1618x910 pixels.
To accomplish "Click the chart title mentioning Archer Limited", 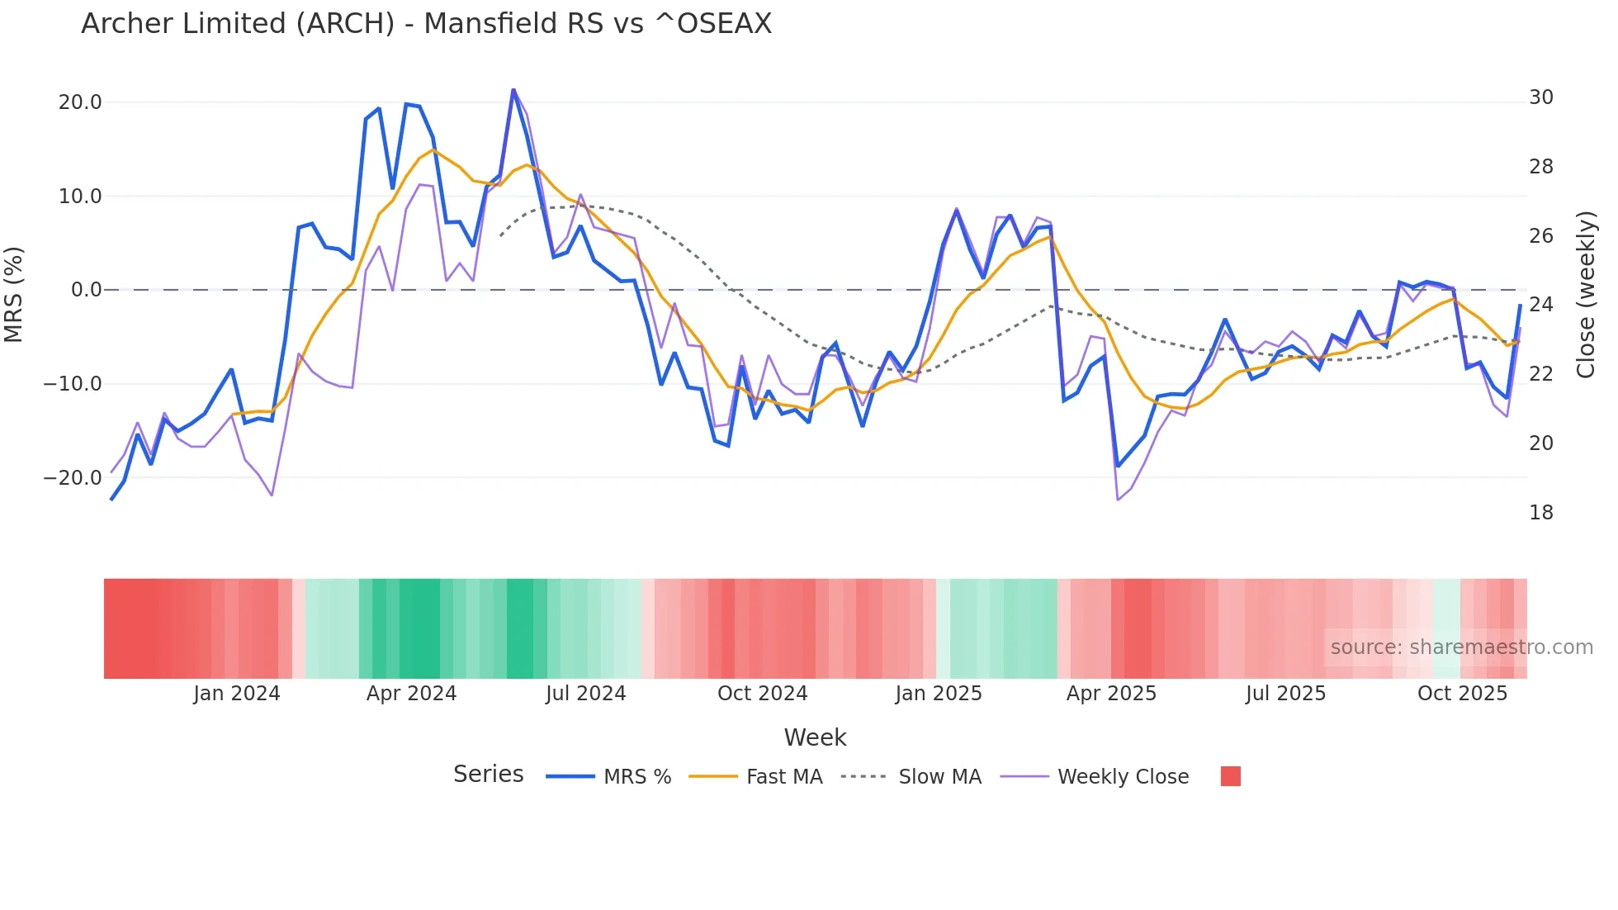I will pyautogui.click(x=426, y=24).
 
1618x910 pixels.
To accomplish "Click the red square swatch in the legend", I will pyautogui.click(x=1230, y=776).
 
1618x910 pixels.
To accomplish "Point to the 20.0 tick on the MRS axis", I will pyautogui.click(x=80, y=102).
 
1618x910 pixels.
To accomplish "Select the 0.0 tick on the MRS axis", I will pyautogui.click(x=86, y=290).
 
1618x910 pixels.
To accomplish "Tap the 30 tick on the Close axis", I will pyautogui.click(x=1540, y=97).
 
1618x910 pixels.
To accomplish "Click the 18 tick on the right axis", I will pyautogui.click(x=1540, y=513).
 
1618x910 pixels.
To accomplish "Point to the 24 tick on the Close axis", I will pyautogui.click(x=1540, y=305).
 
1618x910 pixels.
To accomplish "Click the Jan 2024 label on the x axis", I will pyautogui.click(x=237, y=694).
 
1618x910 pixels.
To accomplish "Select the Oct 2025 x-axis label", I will pyautogui.click(x=1462, y=694).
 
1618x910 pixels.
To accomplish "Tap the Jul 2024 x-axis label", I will pyautogui.click(x=585, y=694).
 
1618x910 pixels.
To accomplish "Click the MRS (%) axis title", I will pyautogui.click(x=14, y=294).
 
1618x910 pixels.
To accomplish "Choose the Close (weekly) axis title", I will pyautogui.click(x=1585, y=295).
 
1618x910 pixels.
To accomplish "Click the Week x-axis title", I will pyautogui.click(x=815, y=737).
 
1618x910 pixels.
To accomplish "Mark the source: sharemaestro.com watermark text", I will pyautogui.click(x=1461, y=647).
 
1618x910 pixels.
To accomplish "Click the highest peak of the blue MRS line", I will pyautogui.click(x=513, y=89).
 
